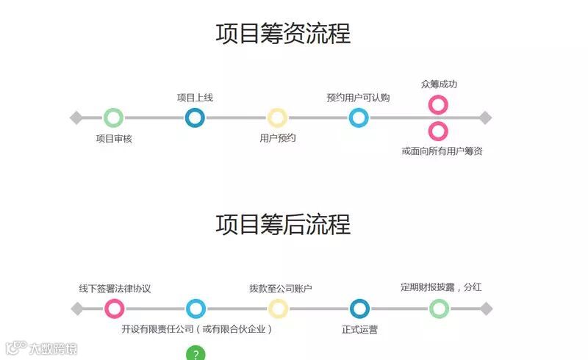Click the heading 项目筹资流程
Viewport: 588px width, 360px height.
pos(283,34)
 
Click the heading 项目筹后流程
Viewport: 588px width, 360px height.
pos(283,224)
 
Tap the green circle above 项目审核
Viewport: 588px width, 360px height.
pos(113,118)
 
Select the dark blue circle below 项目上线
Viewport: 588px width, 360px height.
pos(195,118)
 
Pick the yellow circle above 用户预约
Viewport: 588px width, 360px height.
pos(277,118)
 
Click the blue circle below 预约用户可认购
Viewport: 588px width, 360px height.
pos(359,118)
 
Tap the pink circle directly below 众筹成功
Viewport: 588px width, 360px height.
pos(438,104)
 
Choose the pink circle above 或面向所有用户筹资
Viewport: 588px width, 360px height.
pos(438,132)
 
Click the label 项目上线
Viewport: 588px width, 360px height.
pos(195,98)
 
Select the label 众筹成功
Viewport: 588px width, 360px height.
pos(439,84)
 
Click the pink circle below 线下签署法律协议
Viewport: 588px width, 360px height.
pos(115,309)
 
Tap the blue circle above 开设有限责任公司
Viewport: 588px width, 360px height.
pos(196,309)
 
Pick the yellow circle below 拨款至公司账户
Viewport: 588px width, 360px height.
pos(278,309)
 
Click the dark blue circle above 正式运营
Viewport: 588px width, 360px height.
pos(359,309)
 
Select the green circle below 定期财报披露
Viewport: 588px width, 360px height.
pos(439,309)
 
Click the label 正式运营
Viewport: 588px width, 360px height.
pos(359,330)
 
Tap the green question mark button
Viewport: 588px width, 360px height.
pos(195,354)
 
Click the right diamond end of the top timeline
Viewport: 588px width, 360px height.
pos(484,118)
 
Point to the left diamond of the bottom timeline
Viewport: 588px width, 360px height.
pos(77,309)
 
